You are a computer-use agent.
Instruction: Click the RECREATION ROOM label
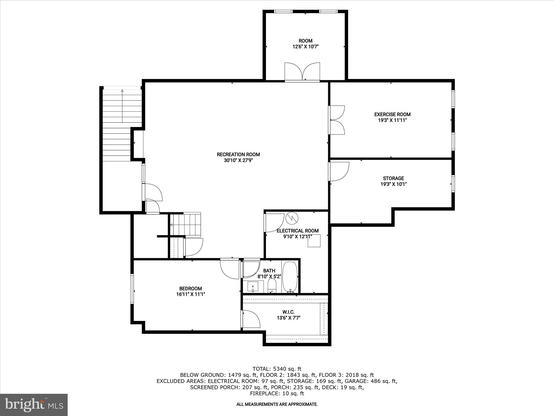point(238,154)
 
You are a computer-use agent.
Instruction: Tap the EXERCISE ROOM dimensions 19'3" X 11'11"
point(392,120)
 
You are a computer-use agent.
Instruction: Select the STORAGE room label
point(393,178)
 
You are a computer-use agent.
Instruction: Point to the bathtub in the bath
point(290,276)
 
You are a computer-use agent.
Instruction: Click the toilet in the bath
point(272,286)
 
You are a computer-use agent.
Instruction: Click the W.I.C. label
point(288,312)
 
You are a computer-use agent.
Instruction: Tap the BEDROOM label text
point(190,288)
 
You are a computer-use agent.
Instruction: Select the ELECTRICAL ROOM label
point(298,231)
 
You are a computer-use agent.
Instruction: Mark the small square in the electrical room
point(314,241)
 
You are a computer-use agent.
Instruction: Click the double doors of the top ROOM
point(302,72)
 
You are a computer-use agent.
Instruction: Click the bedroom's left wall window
point(132,289)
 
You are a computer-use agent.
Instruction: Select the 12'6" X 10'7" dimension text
point(305,47)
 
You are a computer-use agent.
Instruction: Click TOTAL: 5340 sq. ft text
point(277,369)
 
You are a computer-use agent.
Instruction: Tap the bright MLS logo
point(34,405)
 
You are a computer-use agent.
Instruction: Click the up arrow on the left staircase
point(122,91)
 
